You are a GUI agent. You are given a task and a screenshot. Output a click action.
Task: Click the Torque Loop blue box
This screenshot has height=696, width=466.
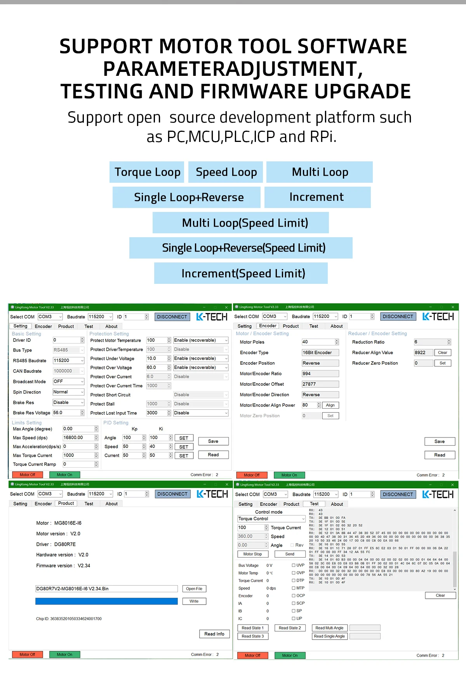point(147,172)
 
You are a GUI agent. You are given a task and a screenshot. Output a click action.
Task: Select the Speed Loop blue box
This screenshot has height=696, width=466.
point(226,172)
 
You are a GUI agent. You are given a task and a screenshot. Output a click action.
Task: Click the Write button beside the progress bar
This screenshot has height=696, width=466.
point(194,601)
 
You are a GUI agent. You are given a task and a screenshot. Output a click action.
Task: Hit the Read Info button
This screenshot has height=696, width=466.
point(214,634)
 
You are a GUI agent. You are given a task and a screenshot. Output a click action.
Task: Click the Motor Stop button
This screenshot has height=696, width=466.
point(252,554)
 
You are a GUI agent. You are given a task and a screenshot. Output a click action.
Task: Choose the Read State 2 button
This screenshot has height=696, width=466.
point(290,628)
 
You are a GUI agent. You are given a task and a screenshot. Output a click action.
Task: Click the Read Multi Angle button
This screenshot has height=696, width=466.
point(329,628)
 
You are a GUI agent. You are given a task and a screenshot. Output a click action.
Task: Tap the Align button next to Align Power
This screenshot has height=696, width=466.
point(330,405)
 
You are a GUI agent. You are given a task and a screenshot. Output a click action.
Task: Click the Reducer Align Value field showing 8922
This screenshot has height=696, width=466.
point(423,353)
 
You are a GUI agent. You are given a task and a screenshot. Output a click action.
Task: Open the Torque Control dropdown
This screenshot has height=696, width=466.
point(271,519)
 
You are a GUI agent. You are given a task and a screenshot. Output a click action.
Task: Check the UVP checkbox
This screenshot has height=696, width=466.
point(294,565)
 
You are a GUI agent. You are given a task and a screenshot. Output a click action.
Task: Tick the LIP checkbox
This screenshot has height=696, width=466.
point(294,618)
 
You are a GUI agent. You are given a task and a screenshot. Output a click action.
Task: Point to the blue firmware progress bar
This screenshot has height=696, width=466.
point(106,601)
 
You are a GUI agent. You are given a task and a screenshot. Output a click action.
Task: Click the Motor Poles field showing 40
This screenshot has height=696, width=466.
point(318,342)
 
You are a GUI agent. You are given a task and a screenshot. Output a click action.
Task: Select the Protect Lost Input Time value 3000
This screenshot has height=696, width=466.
point(156,413)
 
